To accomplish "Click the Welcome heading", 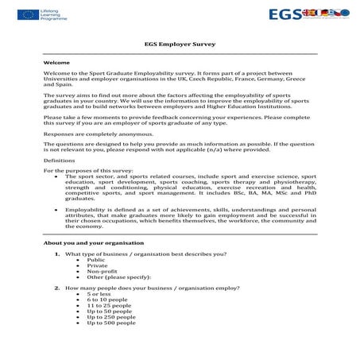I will [56, 61].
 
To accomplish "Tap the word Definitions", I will [60, 160].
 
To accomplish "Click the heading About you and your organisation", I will [94, 242].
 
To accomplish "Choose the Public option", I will [95, 259].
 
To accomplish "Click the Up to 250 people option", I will [112, 317].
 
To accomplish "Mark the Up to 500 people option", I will [112, 323].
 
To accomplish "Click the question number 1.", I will [57, 254].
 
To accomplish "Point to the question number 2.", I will [57, 288].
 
